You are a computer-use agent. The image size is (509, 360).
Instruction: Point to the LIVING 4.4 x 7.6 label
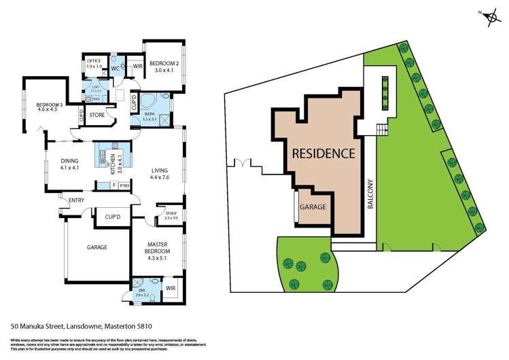pyautogui.click(x=161, y=175)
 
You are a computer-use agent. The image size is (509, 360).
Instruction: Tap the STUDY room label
pyautogui.click(x=171, y=215)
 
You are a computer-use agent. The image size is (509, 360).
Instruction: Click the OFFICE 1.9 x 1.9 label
pyautogui.click(x=94, y=63)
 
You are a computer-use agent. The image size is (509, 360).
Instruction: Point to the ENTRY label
pyautogui.click(x=76, y=200)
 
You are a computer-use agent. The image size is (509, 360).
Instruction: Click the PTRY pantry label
pyautogui.click(x=124, y=185)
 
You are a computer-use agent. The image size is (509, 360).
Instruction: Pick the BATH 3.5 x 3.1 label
pyautogui.click(x=150, y=116)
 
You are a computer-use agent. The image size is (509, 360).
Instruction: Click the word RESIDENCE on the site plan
pyautogui.click(x=323, y=154)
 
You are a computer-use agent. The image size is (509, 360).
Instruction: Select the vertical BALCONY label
pyautogui.click(x=370, y=194)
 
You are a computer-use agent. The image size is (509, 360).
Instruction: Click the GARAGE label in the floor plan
pyautogui.click(x=96, y=248)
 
